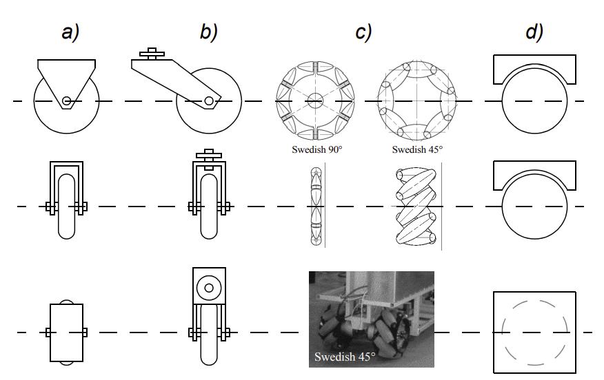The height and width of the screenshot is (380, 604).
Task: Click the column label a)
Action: tap(70, 32)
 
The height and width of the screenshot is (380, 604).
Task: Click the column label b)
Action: tap(208, 32)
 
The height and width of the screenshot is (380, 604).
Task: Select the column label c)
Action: tap(363, 32)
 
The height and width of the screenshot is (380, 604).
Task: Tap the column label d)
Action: tap(534, 32)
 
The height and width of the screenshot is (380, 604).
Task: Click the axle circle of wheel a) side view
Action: tap(66, 101)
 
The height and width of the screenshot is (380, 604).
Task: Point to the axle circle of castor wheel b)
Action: tap(208, 101)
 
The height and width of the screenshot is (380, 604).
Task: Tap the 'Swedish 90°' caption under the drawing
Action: tap(316, 149)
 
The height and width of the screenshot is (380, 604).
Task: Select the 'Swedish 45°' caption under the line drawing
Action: tap(417, 149)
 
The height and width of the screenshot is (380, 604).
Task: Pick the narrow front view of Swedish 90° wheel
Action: tap(315, 206)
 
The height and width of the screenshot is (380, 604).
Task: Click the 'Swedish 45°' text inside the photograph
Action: tap(345, 357)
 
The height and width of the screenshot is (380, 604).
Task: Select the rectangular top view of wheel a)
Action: tap(66, 332)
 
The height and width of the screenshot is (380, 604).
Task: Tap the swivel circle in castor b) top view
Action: tap(208, 285)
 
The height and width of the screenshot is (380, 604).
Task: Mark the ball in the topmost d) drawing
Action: tap(534, 101)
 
